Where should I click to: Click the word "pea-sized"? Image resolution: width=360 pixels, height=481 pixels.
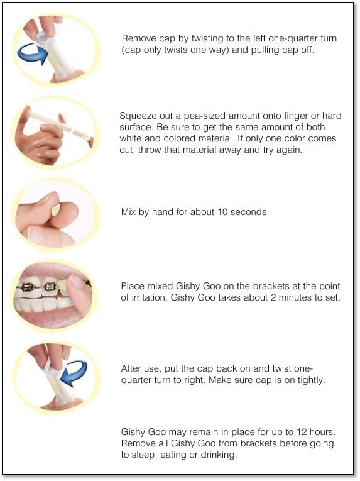point(204,116)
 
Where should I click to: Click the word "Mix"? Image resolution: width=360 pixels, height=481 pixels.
point(129,212)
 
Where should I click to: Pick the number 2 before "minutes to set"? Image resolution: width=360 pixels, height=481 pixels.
point(273,297)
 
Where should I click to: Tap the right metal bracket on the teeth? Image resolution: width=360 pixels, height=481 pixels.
point(50,287)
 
